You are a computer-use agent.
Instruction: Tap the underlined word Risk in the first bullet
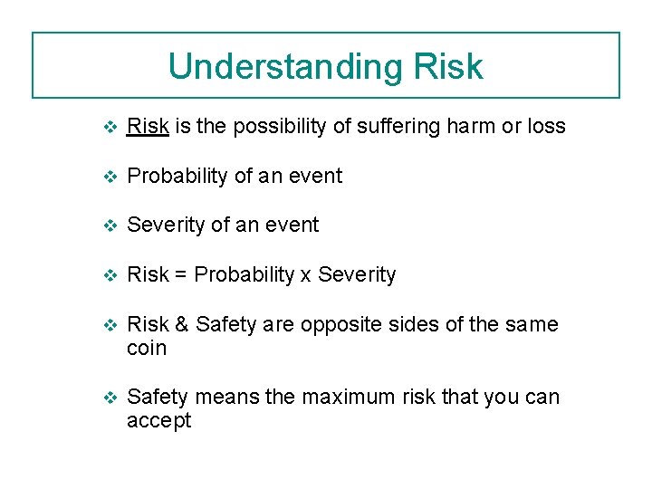(x=148, y=127)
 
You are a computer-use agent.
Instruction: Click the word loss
(x=546, y=127)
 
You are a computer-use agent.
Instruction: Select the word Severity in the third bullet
(x=166, y=225)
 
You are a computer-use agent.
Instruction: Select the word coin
(x=147, y=348)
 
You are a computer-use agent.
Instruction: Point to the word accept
(x=158, y=421)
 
